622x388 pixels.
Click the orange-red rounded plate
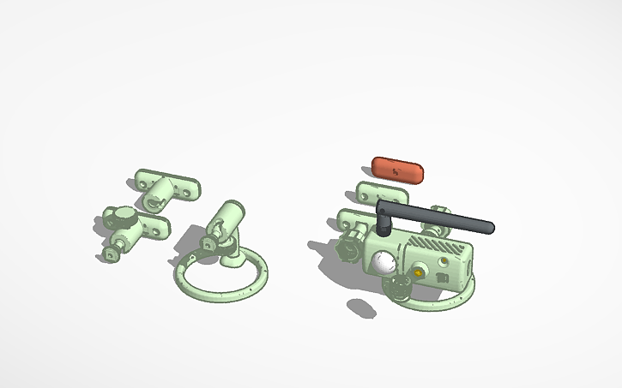tap(397, 170)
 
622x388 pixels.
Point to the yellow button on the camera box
tap(419, 273)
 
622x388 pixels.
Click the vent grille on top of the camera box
tap(436, 244)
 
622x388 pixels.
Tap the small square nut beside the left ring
tap(208, 245)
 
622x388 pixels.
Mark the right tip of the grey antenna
tap(489, 228)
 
